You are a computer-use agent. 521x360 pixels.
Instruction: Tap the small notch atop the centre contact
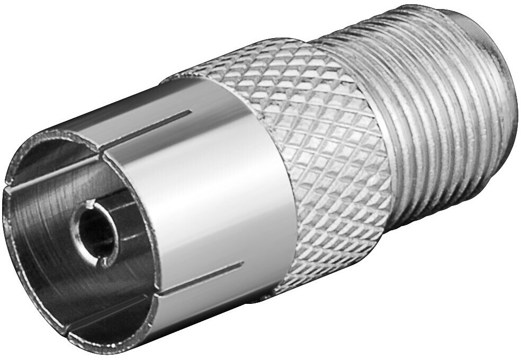[x=91, y=203]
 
